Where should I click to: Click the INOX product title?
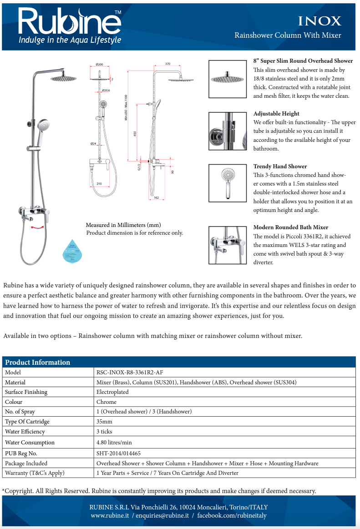pyautogui.click(x=319, y=21)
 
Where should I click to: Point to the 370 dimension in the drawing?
pyautogui.click(x=167, y=64)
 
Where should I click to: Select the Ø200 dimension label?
pyautogui.click(x=99, y=64)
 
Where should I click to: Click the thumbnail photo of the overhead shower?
pyautogui.click(x=227, y=79)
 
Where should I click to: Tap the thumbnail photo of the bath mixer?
pyautogui.click(x=227, y=245)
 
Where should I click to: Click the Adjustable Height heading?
pyautogui.click(x=276, y=114)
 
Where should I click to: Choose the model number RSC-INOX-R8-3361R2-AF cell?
pyautogui.click(x=130, y=372)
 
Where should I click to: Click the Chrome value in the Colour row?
pyautogui.click(x=106, y=402)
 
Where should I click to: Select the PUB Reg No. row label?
pyautogui.click(x=21, y=453)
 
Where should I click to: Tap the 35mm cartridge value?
pyautogui.click(x=104, y=422)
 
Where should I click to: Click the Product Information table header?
pyautogui.click(x=37, y=362)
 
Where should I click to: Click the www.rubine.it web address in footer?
pyautogui.click(x=110, y=515)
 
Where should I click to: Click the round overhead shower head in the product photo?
pyautogui.click(x=63, y=78)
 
